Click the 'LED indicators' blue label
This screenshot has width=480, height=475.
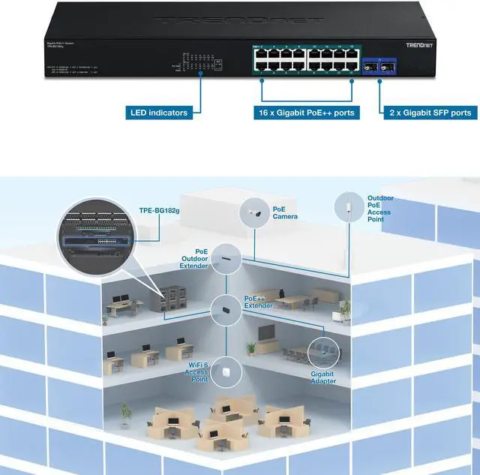click(x=159, y=113)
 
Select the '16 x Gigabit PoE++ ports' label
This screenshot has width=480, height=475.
click(x=305, y=113)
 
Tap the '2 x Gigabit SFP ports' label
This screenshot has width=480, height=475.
click(x=430, y=113)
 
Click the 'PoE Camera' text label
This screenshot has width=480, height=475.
click(x=284, y=212)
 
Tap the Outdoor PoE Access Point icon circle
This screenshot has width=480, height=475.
click(x=347, y=205)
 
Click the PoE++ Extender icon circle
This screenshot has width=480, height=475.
click(x=226, y=307)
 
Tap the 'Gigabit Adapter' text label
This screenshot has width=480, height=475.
click(x=323, y=377)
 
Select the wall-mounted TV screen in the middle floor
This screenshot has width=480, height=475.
click(x=269, y=332)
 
